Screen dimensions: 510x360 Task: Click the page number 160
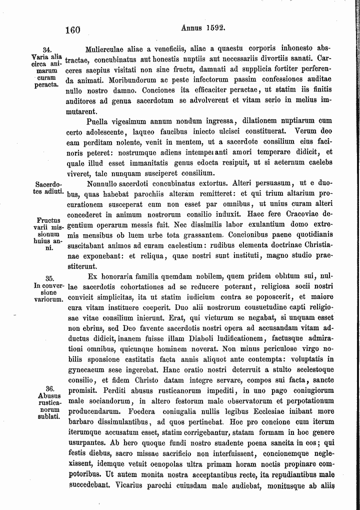point(73,30)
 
